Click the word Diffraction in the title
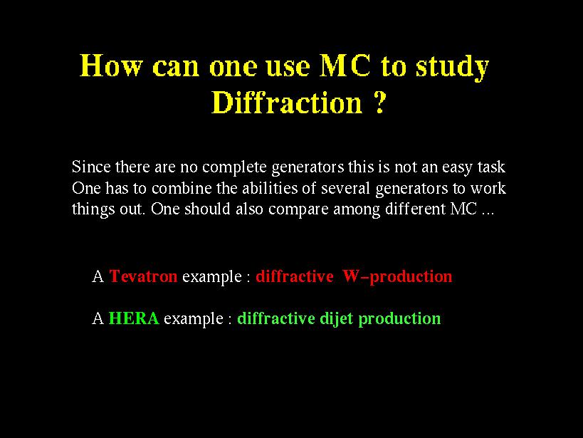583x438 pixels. [x=287, y=103]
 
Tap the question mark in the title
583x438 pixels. [x=379, y=102]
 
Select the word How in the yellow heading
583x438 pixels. [x=111, y=66]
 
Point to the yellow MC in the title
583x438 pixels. [x=345, y=66]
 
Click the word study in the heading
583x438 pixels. [x=452, y=68]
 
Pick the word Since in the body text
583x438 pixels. [x=91, y=167]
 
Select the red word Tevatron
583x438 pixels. [x=143, y=276]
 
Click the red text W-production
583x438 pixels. [x=397, y=277]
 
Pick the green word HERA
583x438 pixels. [x=134, y=318]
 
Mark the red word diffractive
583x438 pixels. [x=295, y=276]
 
